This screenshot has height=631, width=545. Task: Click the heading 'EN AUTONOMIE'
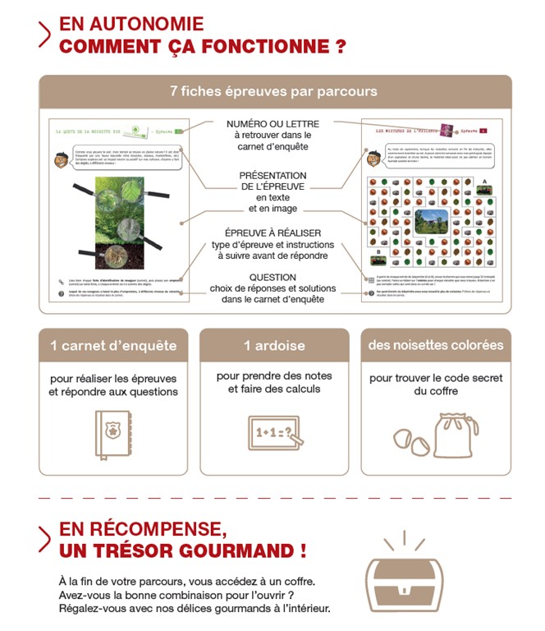tap(131, 25)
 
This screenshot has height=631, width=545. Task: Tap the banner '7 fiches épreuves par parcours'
tap(273, 91)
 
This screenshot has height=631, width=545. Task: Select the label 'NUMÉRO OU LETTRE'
tap(273, 123)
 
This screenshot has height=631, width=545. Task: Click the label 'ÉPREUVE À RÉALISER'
tap(273, 233)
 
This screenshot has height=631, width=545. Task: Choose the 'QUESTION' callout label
tap(273, 278)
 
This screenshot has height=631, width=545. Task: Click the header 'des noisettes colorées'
tap(435, 345)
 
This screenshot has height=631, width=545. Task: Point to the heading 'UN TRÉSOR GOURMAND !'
tap(183, 550)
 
